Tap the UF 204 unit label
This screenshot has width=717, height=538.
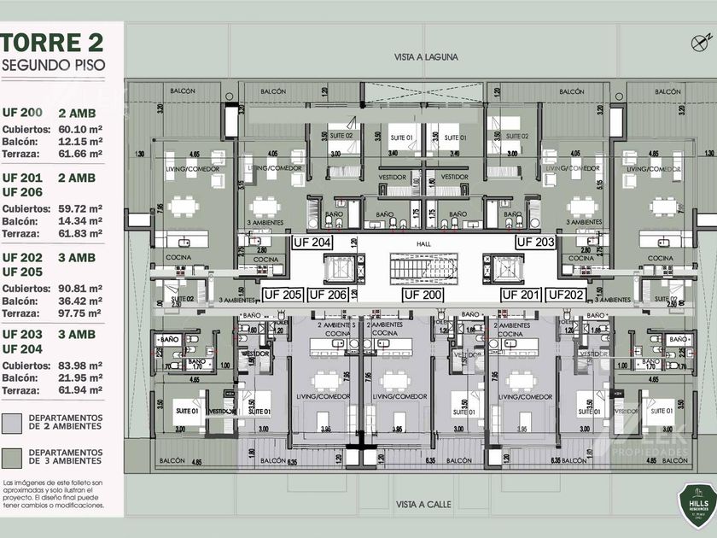(312, 242)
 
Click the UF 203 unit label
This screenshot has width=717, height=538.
(536, 242)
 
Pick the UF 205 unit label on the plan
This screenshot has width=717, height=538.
(283, 295)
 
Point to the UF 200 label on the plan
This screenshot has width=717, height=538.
(423, 295)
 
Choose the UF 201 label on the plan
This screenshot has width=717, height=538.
(521, 295)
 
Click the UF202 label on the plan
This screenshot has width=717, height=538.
(565, 295)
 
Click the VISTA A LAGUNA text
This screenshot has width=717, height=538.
(426, 57)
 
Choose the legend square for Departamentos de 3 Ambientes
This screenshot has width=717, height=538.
(12, 457)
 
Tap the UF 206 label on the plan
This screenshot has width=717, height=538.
(328, 295)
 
